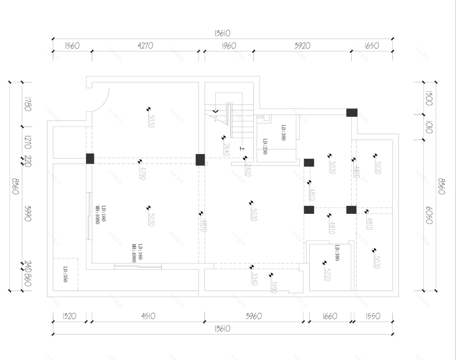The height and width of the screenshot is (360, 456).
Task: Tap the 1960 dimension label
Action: click(228, 46)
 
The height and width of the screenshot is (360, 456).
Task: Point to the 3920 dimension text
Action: click(302, 46)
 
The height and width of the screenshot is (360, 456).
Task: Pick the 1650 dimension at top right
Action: click(372, 46)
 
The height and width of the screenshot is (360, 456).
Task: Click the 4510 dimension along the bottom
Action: click(146, 315)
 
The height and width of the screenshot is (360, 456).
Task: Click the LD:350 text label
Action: click(66, 274)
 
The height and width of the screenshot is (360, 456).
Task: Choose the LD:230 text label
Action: click(264, 147)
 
